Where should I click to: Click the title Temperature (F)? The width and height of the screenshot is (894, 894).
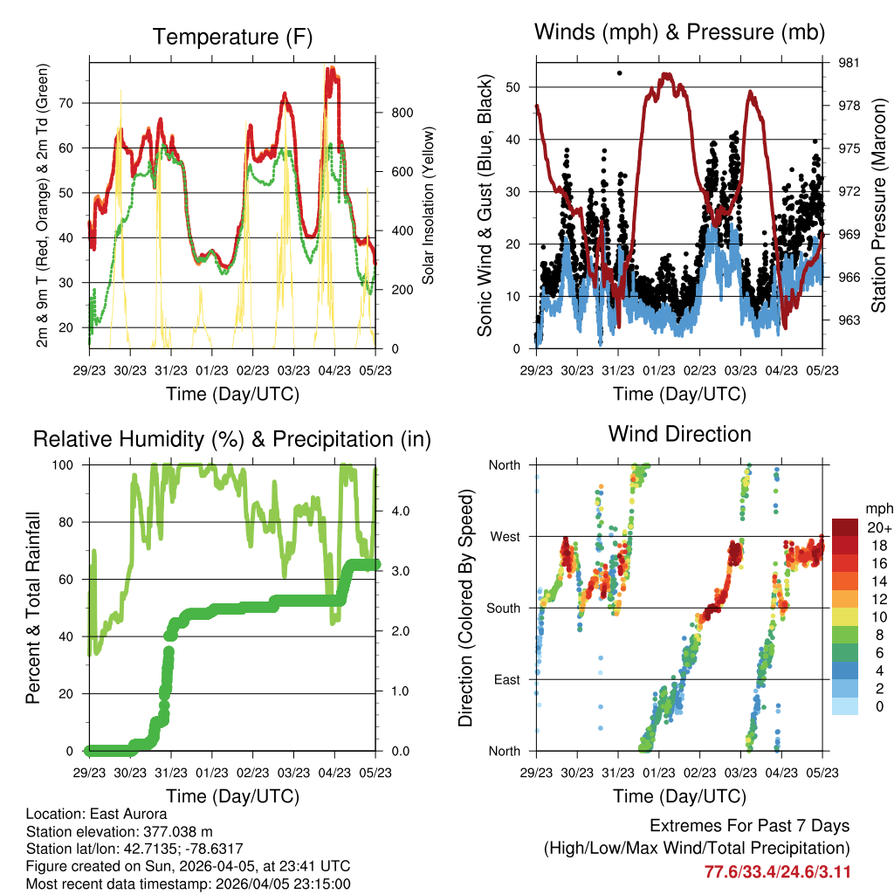(232, 37)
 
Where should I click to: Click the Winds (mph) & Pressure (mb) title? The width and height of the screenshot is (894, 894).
(679, 32)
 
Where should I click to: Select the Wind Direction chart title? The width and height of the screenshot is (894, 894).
(679, 433)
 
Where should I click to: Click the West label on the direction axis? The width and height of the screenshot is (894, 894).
(504, 536)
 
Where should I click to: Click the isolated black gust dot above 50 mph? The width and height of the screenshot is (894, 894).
(619, 73)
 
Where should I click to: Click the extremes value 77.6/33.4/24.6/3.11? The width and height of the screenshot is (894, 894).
(777, 871)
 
